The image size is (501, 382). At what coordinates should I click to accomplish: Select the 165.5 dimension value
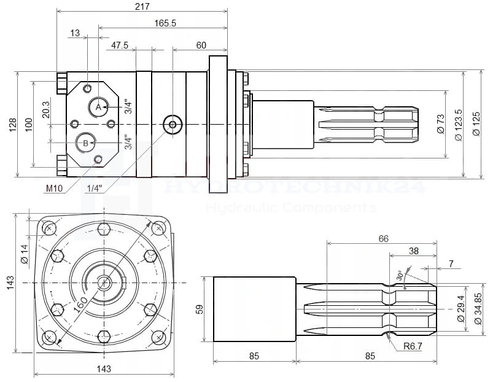click(x=165, y=23)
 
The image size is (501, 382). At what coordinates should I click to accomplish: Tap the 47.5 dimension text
click(x=120, y=45)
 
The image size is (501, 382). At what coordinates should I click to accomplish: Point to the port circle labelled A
click(x=98, y=107)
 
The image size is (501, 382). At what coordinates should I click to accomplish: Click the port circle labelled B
click(x=85, y=143)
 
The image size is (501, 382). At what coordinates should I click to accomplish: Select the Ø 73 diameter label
click(x=440, y=125)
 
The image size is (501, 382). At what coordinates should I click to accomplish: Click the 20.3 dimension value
click(x=46, y=110)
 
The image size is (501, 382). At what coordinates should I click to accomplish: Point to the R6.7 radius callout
click(x=413, y=346)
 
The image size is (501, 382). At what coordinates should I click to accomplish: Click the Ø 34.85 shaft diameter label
click(x=478, y=307)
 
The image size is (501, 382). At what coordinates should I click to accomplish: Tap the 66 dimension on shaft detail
click(x=383, y=238)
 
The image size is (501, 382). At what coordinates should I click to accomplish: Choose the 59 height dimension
click(x=199, y=308)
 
